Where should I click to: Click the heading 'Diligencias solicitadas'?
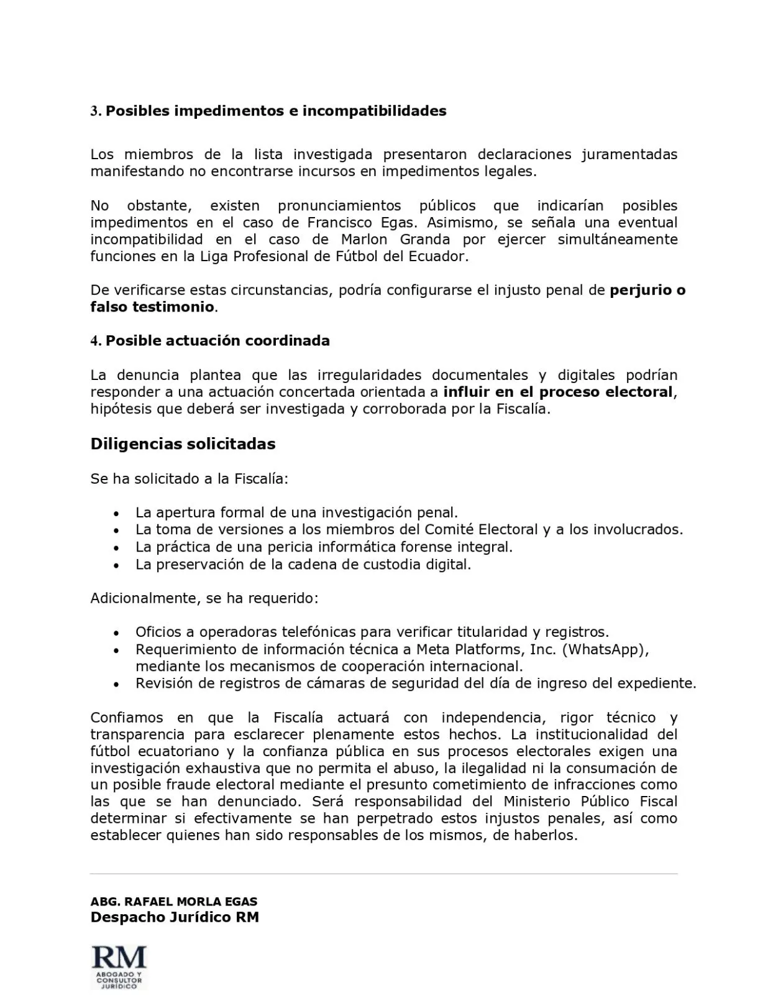tap(183, 444)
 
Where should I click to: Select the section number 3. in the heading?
tap(96, 111)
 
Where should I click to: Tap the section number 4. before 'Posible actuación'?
tap(96, 341)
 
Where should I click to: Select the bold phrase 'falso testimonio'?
tap(152, 307)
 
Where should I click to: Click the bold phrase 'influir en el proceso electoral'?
tap(558, 392)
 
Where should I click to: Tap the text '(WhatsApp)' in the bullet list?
tap(605, 649)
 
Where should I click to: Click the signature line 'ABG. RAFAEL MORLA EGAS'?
tap(174, 901)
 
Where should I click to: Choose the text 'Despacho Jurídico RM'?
tap(175, 917)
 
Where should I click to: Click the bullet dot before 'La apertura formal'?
tap(116, 514)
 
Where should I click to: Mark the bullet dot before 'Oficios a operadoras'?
tap(116, 633)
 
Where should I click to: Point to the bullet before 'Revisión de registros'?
tap(116, 684)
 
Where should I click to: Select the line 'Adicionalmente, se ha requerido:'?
tap(204, 598)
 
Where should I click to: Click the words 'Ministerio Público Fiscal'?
tap(590, 802)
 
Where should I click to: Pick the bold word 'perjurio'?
tap(640, 290)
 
